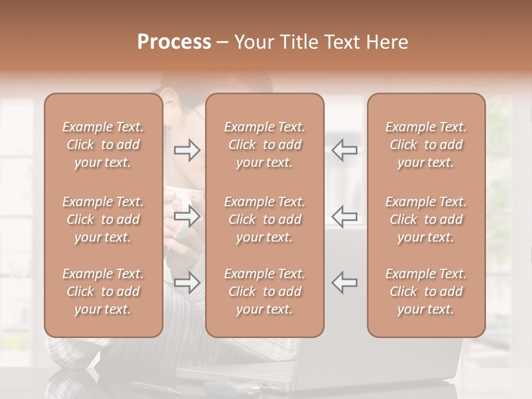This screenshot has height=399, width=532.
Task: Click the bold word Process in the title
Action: (x=174, y=42)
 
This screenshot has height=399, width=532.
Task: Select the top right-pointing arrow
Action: (x=187, y=150)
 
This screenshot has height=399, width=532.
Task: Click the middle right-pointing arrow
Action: (x=187, y=216)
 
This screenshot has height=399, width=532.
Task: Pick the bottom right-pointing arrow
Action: (x=187, y=283)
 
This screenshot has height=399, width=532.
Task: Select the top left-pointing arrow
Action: (x=345, y=150)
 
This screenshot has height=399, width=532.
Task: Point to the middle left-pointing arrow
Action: (x=345, y=216)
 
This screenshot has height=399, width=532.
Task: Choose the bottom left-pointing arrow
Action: (x=345, y=283)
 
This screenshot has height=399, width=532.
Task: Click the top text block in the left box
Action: (x=103, y=145)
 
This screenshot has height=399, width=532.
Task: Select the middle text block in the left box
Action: (x=103, y=219)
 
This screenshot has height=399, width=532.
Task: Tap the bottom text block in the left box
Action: (x=103, y=291)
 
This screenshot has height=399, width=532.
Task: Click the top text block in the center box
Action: (x=265, y=145)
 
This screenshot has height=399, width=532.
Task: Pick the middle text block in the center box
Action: (x=265, y=219)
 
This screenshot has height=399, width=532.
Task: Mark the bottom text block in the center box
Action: (x=265, y=291)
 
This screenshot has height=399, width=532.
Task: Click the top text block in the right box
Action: (x=426, y=145)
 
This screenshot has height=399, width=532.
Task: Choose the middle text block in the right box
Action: (x=426, y=219)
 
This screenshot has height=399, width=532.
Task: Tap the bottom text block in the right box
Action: (x=426, y=291)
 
